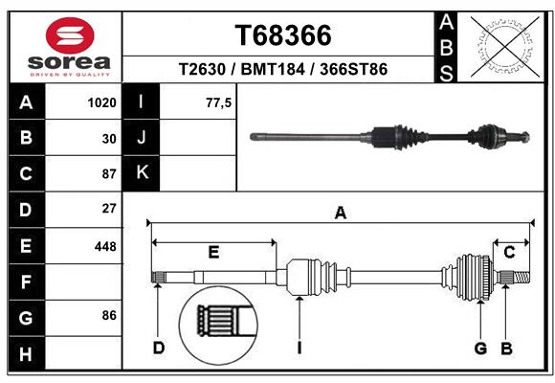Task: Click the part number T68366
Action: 283,35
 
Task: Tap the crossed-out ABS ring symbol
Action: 504,44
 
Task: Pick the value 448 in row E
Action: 105,246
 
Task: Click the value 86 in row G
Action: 108,315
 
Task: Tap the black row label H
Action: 26,353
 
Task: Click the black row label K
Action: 142,173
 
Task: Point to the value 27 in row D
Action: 108,208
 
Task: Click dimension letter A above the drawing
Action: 340,214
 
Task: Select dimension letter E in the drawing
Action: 213,252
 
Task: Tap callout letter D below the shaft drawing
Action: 159,347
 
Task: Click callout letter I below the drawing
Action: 299,347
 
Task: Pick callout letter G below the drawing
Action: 480,347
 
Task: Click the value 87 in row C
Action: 108,174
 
